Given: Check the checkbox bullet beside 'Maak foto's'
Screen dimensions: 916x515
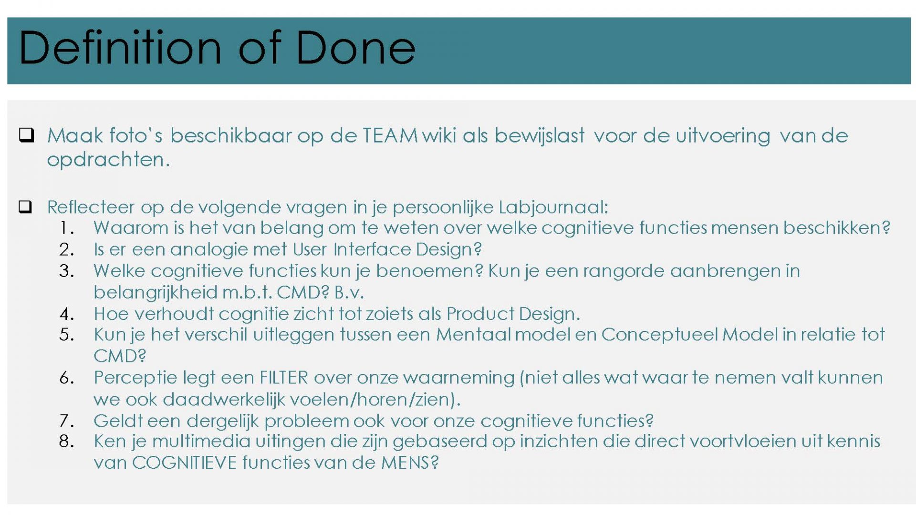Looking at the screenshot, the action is pos(26,135).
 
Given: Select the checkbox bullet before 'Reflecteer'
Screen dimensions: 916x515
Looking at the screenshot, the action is pos(25,206).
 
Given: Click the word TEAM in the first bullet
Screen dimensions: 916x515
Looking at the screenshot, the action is pos(390,135).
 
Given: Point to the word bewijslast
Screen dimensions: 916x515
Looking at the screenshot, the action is pos(539,136).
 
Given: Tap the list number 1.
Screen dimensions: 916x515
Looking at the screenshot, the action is pos(66,228).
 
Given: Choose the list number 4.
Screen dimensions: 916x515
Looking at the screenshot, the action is pos(66,314).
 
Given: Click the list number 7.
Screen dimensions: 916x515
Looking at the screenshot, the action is pos(66,421).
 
